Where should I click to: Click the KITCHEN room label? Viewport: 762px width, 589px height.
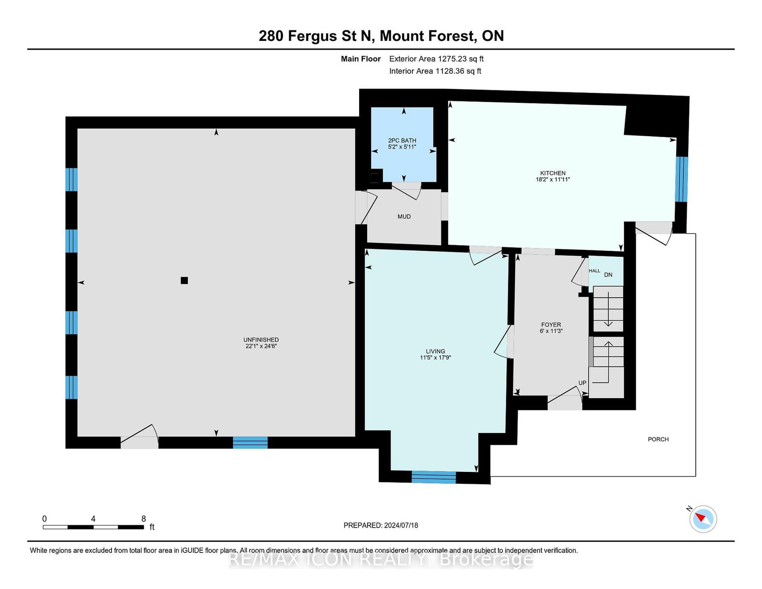[552, 173]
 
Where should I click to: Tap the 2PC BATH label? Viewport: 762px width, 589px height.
[402, 140]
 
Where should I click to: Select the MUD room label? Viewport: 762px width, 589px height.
[404, 217]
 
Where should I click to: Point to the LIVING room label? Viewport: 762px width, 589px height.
[435, 351]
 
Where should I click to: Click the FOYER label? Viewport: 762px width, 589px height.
[551, 325]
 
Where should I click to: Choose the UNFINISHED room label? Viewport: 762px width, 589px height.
[261, 339]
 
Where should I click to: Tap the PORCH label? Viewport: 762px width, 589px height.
[658, 439]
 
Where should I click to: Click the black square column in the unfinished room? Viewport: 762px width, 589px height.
[184, 280]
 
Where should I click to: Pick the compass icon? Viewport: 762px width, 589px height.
[703, 519]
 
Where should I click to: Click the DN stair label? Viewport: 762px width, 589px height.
[608, 275]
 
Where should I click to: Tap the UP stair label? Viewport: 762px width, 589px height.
[582, 383]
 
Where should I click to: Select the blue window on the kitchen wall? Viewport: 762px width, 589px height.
[682, 179]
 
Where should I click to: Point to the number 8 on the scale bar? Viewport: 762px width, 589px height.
[143, 519]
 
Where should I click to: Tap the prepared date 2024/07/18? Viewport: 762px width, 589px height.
[401, 525]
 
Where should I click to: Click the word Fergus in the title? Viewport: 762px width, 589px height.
[312, 36]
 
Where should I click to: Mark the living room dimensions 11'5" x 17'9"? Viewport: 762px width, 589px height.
[435, 358]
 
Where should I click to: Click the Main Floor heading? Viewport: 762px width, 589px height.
[361, 59]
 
